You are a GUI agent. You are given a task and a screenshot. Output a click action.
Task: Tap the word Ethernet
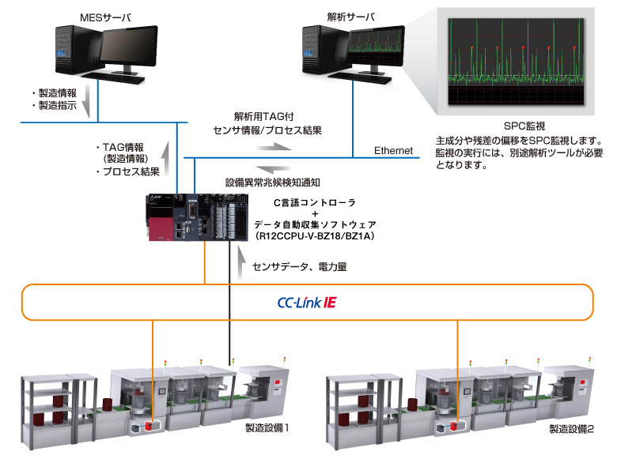pyautogui.click(x=394, y=150)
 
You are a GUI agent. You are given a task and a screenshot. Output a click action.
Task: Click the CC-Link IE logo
pyautogui.click(x=308, y=302)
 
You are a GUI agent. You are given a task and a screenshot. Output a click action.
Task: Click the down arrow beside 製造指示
pyautogui.click(x=88, y=100)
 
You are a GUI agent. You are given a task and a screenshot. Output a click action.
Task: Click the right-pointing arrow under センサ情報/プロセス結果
pyautogui.click(x=276, y=146)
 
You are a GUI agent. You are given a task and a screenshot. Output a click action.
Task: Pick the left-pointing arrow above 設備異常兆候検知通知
pyautogui.click(x=276, y=168)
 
